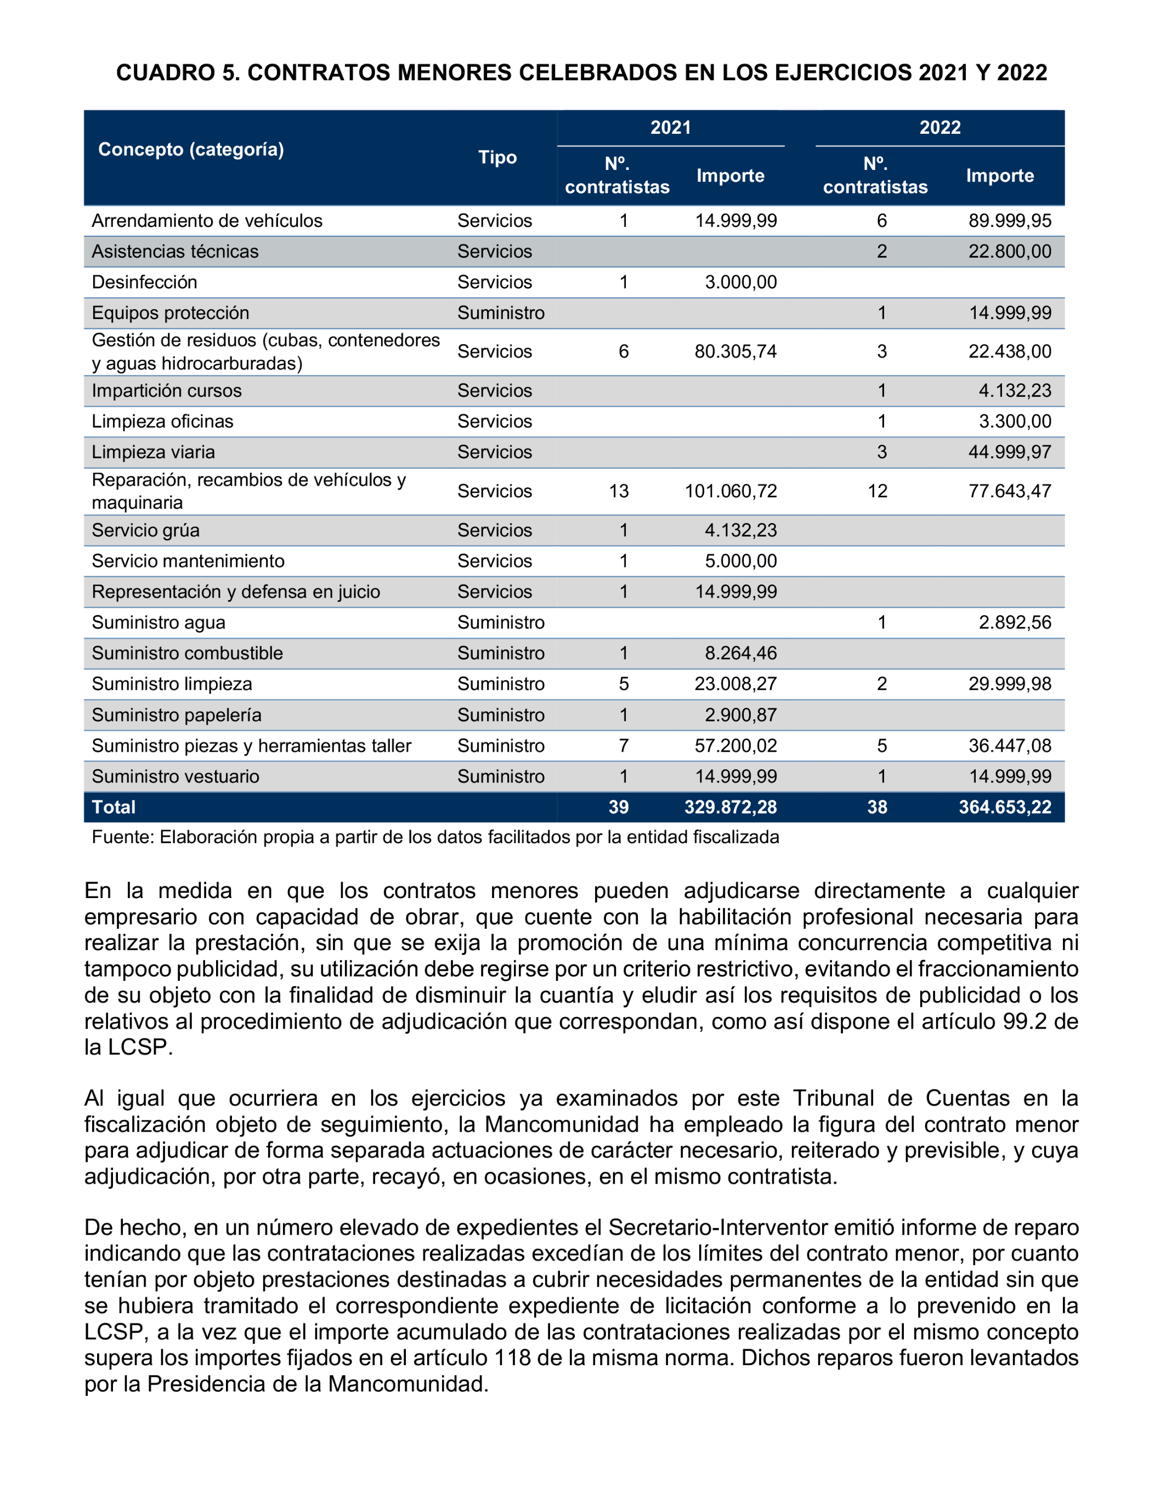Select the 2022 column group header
tap(939, 127)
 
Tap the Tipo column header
tap(497, 157)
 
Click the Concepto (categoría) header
tap(191, 149)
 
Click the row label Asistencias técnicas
tap(175, 252)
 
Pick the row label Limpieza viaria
tap(153, 452)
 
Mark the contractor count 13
tap(619, 491)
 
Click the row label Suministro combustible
tap(188, 654)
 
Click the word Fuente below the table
tap(122, 837)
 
